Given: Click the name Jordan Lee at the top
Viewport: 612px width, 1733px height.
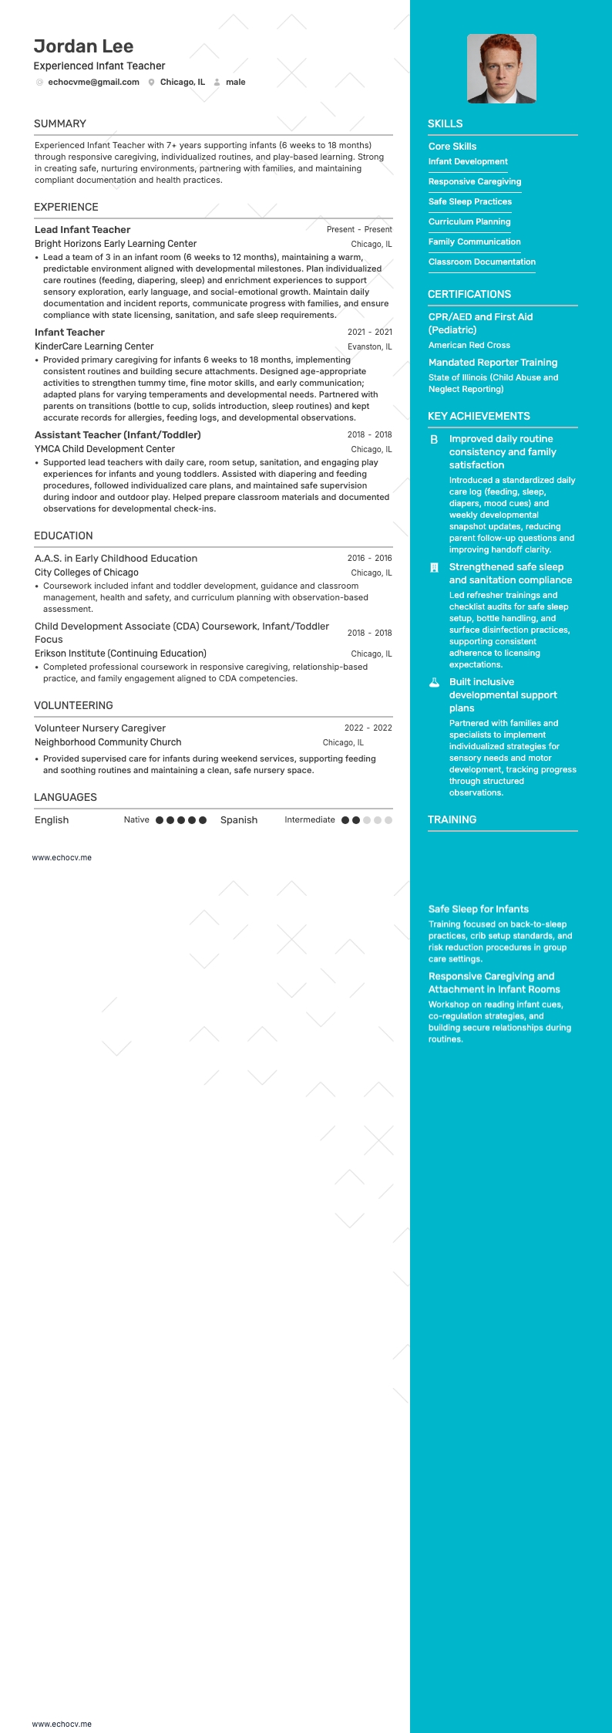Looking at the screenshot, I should [83, 46].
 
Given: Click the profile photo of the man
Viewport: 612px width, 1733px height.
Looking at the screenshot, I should [501, 69].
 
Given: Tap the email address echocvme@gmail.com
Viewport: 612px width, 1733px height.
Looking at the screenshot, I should [93, 82].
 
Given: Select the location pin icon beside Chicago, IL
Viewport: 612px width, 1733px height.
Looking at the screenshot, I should [151, 83].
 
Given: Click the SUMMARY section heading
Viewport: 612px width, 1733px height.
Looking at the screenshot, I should [60, 123].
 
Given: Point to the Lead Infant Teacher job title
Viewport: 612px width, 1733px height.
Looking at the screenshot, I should [82, 229].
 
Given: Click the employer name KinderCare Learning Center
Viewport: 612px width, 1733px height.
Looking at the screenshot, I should [94, 346].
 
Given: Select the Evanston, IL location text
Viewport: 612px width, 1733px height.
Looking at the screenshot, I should [369, 346].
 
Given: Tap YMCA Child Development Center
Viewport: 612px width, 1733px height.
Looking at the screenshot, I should [105, 448].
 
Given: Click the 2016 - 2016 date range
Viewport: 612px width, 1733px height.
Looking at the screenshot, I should [369, 558].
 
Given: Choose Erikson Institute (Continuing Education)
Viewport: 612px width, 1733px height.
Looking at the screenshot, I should [120, 653].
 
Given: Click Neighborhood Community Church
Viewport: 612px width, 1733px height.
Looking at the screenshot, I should [108, 742].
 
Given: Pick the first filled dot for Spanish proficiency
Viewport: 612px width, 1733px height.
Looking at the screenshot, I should [345, 820].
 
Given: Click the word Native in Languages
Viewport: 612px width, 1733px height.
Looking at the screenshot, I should [136, 819].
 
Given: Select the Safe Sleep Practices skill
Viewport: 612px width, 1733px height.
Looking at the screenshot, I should [470, 201].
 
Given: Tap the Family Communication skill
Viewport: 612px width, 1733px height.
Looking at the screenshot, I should [475, 242].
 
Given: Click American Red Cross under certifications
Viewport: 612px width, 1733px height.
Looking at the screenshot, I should [469, 345].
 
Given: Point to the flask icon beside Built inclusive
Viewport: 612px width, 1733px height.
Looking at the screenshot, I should [434, 682].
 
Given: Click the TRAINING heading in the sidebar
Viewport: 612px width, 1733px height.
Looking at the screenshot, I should [452, 819].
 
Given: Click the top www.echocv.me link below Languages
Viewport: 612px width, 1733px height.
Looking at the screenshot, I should [62, 857].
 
